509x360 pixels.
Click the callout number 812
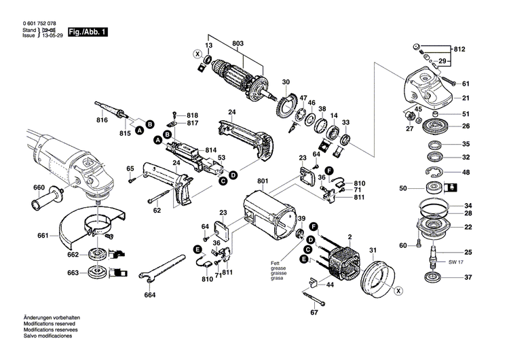pos(459,50)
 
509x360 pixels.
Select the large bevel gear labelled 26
pos(432,126)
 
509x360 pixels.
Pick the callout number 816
pos(102,120)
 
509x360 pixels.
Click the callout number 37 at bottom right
pos(467,277)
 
